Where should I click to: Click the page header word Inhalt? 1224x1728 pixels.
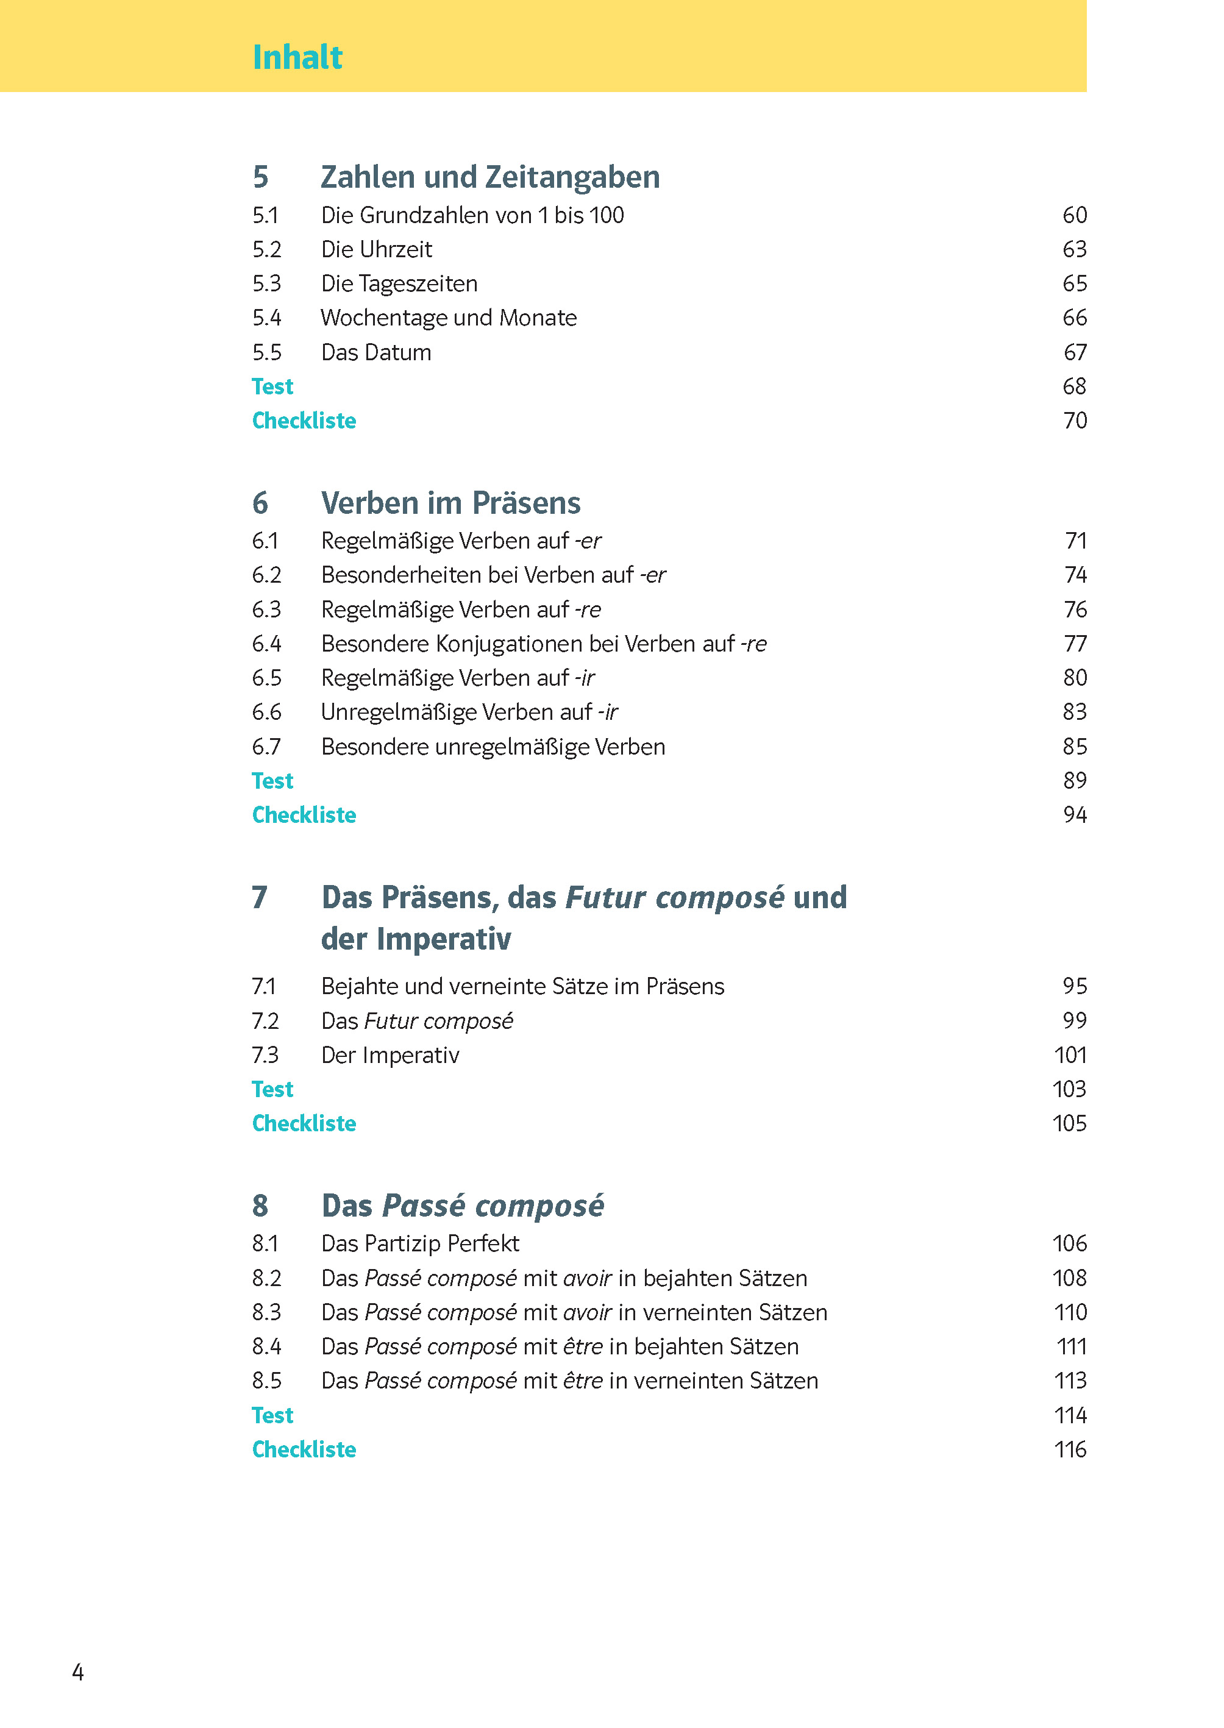coord(297,57)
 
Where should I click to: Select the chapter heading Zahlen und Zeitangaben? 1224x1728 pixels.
coord(490,177)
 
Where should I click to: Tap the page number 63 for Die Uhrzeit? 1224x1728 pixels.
coord(1074,249)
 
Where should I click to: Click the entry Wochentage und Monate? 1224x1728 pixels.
coord(449,318)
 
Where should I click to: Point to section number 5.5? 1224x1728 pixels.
coord(267,353)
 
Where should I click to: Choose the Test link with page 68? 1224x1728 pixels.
coord(272,386)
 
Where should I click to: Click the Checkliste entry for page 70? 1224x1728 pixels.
coord(304,421)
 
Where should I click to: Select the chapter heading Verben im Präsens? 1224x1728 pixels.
coord(450,503)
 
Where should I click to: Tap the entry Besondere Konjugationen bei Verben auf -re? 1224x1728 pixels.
coord(543,644)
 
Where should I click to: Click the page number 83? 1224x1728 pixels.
coord(1074,712)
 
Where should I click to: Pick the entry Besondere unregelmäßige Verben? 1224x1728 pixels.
coord(493,747)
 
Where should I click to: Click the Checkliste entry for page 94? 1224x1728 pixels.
coord(304,815)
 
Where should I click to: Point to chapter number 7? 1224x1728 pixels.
coord(259,898)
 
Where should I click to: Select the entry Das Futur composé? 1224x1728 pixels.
coord(417,1021)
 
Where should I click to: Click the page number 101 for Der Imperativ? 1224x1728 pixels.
coord(1070,1055)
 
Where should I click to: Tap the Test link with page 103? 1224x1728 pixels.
coord(272,1089)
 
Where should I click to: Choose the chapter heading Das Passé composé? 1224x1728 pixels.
coord(462,1206)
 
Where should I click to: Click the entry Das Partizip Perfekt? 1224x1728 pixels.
coord(420,1243)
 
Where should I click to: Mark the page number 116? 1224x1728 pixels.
coord(1070,1449)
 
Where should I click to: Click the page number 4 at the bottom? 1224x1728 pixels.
coord(77,1673)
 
